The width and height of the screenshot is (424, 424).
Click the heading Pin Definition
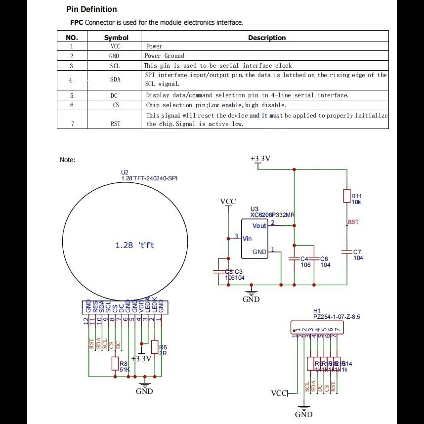(x=91, y=9)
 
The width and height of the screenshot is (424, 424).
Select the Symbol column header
(x=116, y=38)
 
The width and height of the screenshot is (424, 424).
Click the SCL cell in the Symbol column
(x=115, y=66)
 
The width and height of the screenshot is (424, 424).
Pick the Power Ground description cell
(x=165, y=56)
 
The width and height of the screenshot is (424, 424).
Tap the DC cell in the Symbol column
(x=115, y=95)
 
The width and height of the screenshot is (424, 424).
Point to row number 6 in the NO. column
(x=72, y=105)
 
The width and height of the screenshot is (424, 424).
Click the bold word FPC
(x=77, y=22)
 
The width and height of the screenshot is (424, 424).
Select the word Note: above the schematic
(x=67, y=160)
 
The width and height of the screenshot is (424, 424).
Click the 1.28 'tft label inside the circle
(x=134, y=245)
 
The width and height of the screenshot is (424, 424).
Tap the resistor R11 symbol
(x=347, y=196)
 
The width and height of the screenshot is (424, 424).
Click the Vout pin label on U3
(x=259, y=225)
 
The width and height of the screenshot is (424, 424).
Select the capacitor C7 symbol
(x=347, y=252)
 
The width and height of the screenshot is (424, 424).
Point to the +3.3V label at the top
(x=260, y=159)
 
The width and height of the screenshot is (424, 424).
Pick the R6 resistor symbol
(x=155, y=347)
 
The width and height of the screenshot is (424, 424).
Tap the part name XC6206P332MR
(x=272, y=215)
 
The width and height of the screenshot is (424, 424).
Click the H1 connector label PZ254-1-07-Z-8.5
(x=337, y=316)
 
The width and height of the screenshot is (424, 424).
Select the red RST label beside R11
(x=353, y=222)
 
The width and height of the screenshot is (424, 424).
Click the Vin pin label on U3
(x=247, y=238)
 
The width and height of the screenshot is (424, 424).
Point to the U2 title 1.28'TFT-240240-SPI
(x=149, y=178)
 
